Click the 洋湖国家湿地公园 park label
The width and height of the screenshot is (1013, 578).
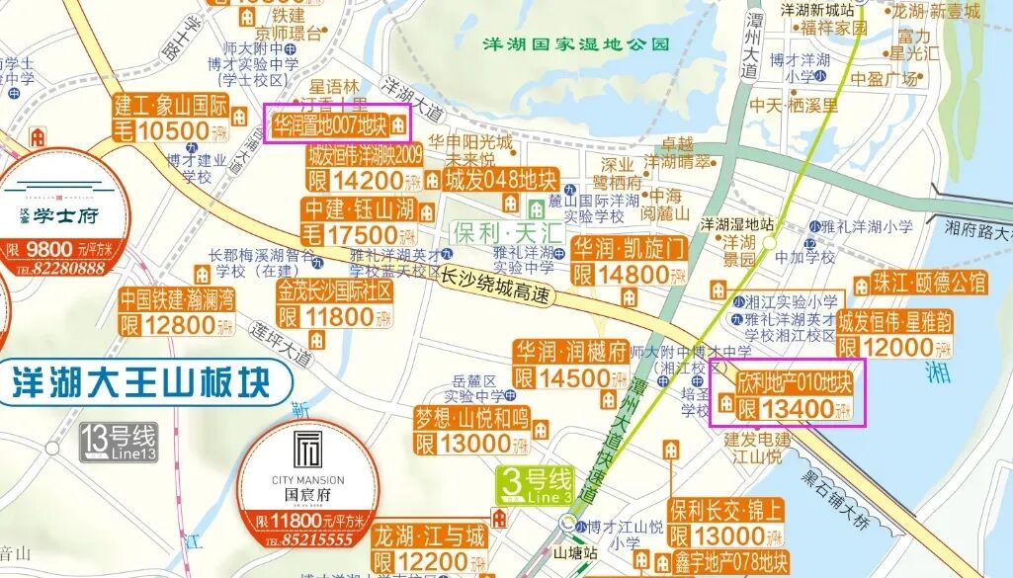pyautogui.click(x=575, y=44)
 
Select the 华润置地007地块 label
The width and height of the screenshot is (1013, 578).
pyautogui.click(x=331, y=125)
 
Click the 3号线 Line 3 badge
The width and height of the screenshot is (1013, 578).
pyautogui.click(x=535, y=485)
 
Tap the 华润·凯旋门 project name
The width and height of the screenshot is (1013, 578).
pyautogui.click(x=630, y=246)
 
